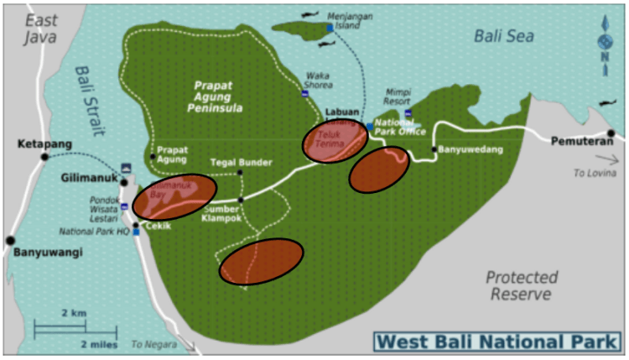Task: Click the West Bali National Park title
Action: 497,342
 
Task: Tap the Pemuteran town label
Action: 577,141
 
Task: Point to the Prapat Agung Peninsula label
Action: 218,97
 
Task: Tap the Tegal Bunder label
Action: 242,162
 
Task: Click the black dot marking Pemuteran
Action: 611,133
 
